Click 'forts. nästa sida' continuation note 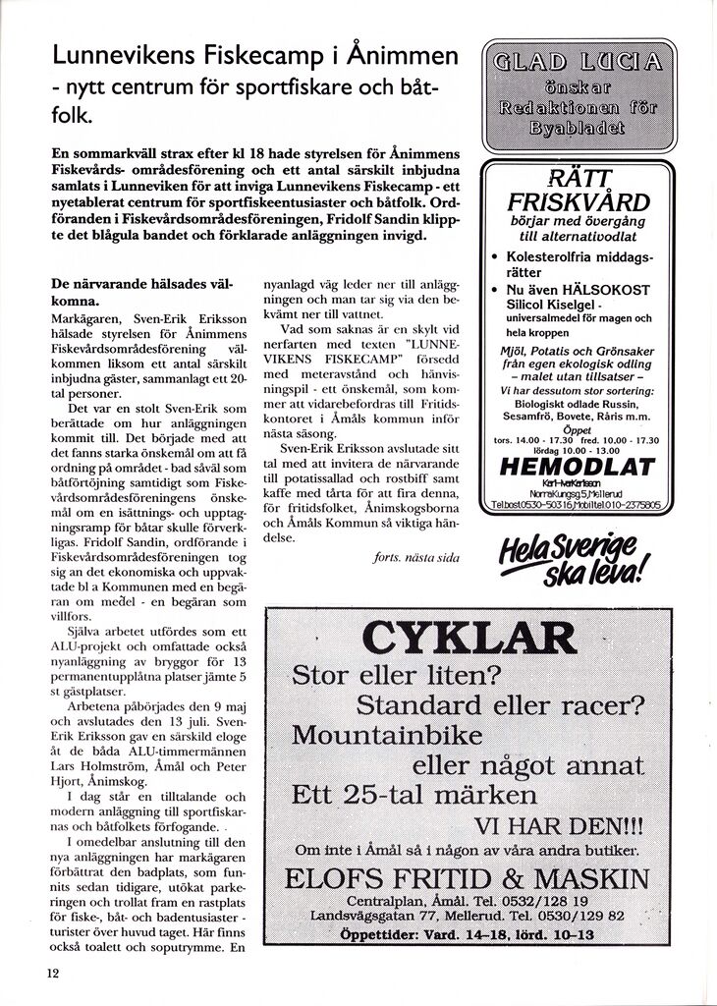[x=416, y=557]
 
